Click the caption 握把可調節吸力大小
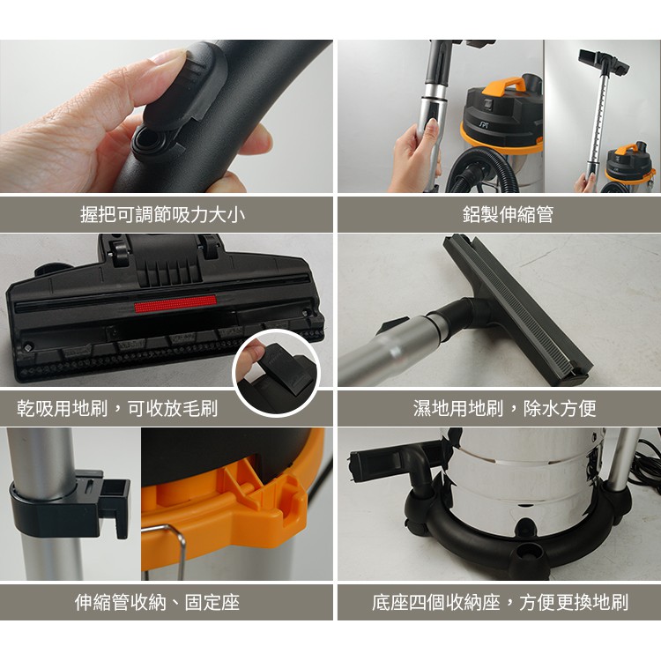pos(163,215)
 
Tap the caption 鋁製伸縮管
pos(508,215)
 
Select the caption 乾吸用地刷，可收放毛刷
pos(117,408)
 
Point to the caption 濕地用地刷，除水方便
pos(505,408)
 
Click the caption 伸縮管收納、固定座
pos(157,603)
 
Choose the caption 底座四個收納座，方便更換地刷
pos(500,603)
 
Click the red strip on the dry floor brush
pos(175,303)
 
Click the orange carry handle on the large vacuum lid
pos(505,86)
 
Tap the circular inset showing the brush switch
pos(277,373)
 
